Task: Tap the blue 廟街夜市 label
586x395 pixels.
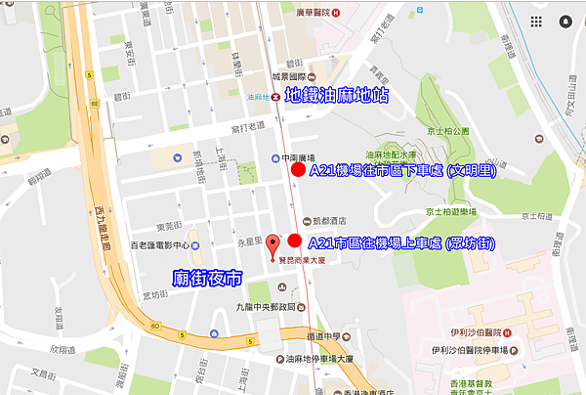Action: pos(206,278)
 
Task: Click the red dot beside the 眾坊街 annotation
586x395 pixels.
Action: pos(294,241)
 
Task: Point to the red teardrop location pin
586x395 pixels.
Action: pos(273,243)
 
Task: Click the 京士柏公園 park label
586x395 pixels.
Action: pos(447,130)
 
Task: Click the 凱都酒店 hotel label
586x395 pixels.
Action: pos(328,220)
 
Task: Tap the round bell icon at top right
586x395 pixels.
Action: pos(565,16)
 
